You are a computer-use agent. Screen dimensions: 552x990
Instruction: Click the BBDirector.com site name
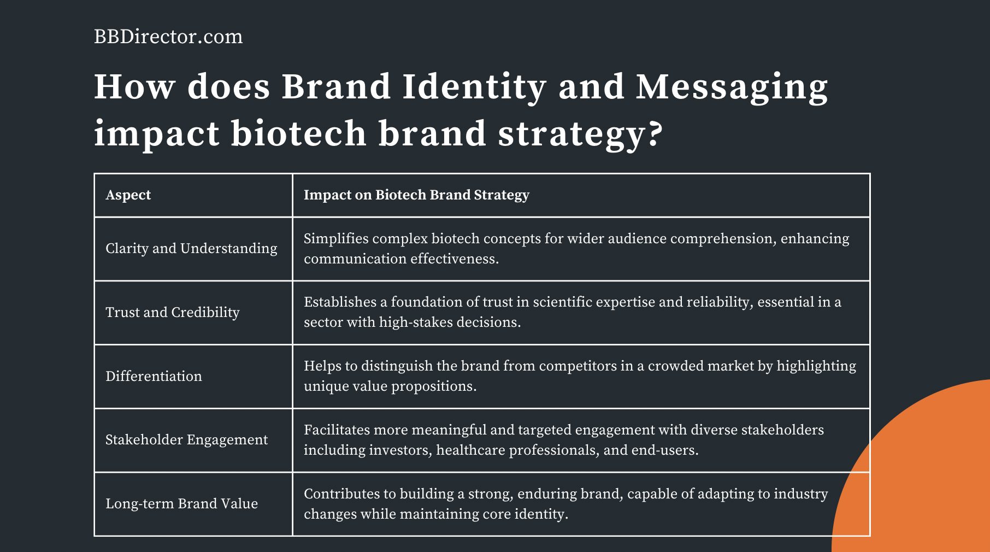pyautogui.click(x=168, y=37)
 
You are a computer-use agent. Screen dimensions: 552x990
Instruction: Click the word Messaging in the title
pyautogui.click(x=732, y=87)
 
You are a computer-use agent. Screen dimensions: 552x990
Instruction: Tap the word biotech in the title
pyautogui.click(x=298, y=134)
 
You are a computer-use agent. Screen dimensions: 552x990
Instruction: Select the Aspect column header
pyautogui.click(x=128, y=195)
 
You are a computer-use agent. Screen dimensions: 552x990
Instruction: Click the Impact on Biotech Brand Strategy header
pyautogui.click(x=416, y=195)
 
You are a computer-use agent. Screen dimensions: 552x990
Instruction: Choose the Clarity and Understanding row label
pyautogui.click(x=191, y=249)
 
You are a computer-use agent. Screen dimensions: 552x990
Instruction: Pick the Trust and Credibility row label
pyautogui.click(x=172, y=313)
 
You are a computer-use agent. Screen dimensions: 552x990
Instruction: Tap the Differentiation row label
pyautogui.click(x=154, y=377)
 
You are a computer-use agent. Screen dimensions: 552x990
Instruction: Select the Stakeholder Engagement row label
pyautogui.click(x=186, y=440)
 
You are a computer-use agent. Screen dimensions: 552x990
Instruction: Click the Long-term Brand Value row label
pyautogui.click(x=181, y=504)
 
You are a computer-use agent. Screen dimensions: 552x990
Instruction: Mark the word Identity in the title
pyautogui.click(x=474, y=87)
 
